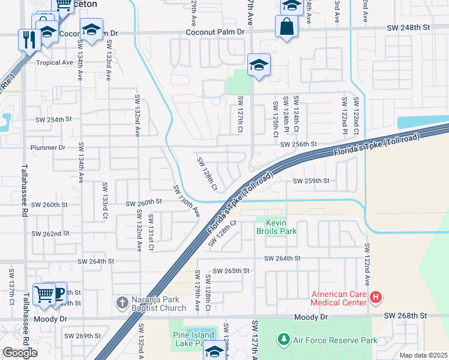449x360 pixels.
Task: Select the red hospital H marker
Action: point(376,296)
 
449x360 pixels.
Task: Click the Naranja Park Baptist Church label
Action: point(157,304)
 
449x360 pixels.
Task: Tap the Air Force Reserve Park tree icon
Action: point(283,340)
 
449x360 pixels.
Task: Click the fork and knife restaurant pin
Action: point(29,39)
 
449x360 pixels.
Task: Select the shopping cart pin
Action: point(43,293)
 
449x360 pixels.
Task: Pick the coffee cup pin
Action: point(58,293)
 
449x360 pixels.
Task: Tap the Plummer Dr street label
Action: point(48,147)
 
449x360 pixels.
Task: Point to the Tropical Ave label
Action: point(54,62)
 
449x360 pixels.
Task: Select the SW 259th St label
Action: point(311,181)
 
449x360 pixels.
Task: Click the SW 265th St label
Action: point(231,271)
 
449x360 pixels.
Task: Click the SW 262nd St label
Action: point(50,233)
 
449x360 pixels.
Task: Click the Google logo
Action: point(20,353)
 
